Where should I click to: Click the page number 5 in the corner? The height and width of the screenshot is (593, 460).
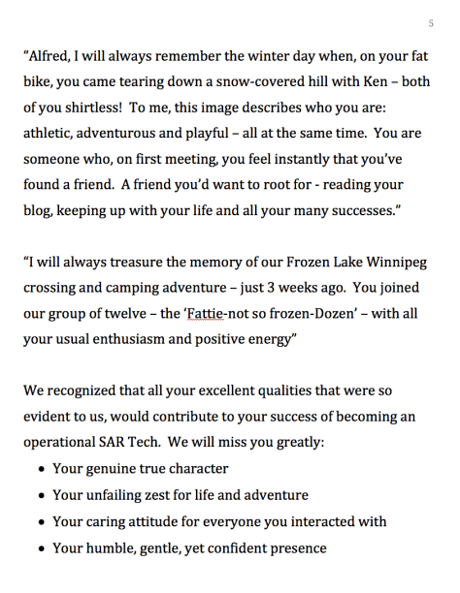pyautogui.click(x=431, y=22)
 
